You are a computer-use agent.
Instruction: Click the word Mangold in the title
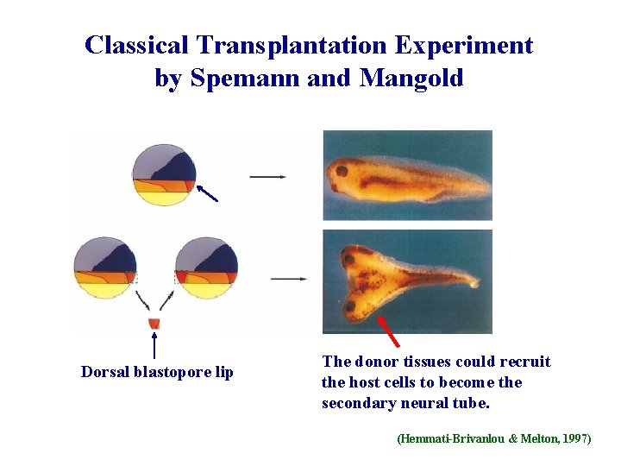click(411, 78)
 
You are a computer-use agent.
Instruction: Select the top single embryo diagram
click(164, 175)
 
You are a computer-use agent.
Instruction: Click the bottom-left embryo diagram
click(104, 267)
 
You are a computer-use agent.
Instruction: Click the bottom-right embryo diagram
click(206, 267)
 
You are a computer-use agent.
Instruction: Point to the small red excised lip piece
click(154, 324)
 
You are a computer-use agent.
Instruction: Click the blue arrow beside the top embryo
click(207, 192)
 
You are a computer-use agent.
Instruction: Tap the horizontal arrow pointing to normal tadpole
click(267, 177)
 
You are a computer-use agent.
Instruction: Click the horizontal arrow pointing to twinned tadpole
click(288, 279)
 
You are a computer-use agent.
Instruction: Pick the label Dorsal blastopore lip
click(157, 372)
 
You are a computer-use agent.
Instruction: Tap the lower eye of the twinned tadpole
click(351, 305)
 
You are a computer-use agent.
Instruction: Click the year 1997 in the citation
click(574, 439)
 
